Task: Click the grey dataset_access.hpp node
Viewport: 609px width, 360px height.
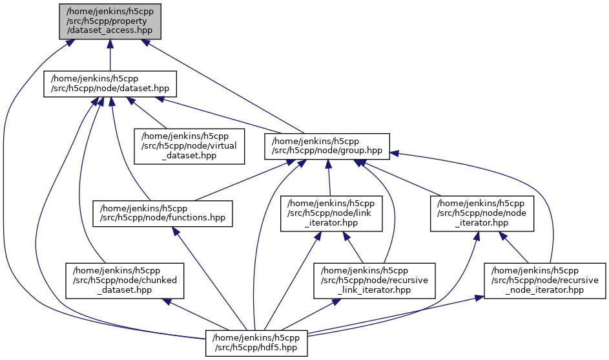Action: point(110,21)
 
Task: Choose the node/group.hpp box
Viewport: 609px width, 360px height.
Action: point(327,147)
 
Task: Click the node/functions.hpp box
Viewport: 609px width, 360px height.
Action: point(163,213)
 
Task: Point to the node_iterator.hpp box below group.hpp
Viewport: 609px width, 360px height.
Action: point(482,213)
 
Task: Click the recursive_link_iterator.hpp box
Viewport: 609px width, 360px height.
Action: point(375,280)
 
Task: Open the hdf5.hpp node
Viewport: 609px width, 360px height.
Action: point(256,343)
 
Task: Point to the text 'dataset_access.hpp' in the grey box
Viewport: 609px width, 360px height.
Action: point(110,29)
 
